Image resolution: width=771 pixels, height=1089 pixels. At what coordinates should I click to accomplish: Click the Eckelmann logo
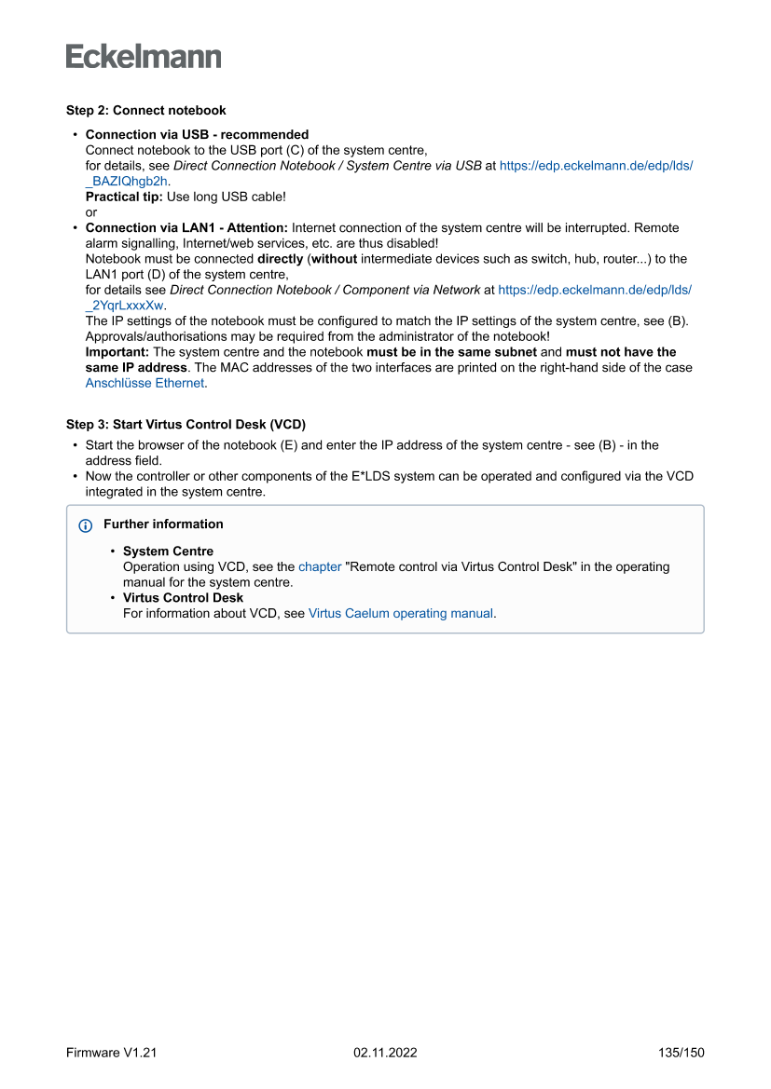[x=144, y=56]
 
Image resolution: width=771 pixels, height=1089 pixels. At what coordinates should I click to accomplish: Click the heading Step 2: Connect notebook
[x=145, y=110]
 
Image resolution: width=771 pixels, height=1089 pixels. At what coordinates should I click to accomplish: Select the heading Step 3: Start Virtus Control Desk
[x=186, y=424]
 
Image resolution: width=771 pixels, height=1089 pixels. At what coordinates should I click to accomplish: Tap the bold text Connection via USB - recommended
[x=197, y=134]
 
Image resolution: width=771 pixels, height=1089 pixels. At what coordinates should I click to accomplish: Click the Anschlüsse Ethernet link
[x=145, y=382]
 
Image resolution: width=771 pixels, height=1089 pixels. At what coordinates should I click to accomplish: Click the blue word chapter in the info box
[x=320, y=566]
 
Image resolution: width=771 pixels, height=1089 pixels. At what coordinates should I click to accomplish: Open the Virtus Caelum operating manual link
[x=400, y=613]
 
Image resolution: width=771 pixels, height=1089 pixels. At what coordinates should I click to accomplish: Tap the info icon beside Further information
[x=86, y=525]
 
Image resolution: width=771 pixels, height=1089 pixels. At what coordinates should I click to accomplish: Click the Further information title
[x=163, y=524]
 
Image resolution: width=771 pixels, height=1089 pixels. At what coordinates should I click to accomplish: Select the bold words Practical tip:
[x=124, y=197]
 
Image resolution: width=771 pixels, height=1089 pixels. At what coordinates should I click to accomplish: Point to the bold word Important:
[x=117, y=352]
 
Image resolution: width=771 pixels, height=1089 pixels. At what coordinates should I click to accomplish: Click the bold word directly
[x=280, y=259]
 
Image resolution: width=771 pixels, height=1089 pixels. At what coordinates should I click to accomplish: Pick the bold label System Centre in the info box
[x=168, y=551]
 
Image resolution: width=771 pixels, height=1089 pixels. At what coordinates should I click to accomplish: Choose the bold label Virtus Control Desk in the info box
[x=183, y=598]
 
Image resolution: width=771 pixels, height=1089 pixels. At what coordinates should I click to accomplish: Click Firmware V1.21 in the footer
[x=111, y=1053]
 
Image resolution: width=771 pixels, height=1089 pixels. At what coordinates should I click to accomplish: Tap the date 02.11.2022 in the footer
[x=385, y=1053]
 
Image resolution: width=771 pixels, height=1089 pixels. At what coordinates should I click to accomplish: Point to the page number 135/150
[x=681, y=1053]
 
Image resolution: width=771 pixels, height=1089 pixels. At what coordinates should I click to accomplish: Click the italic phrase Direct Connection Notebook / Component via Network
[x=324, y=290]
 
